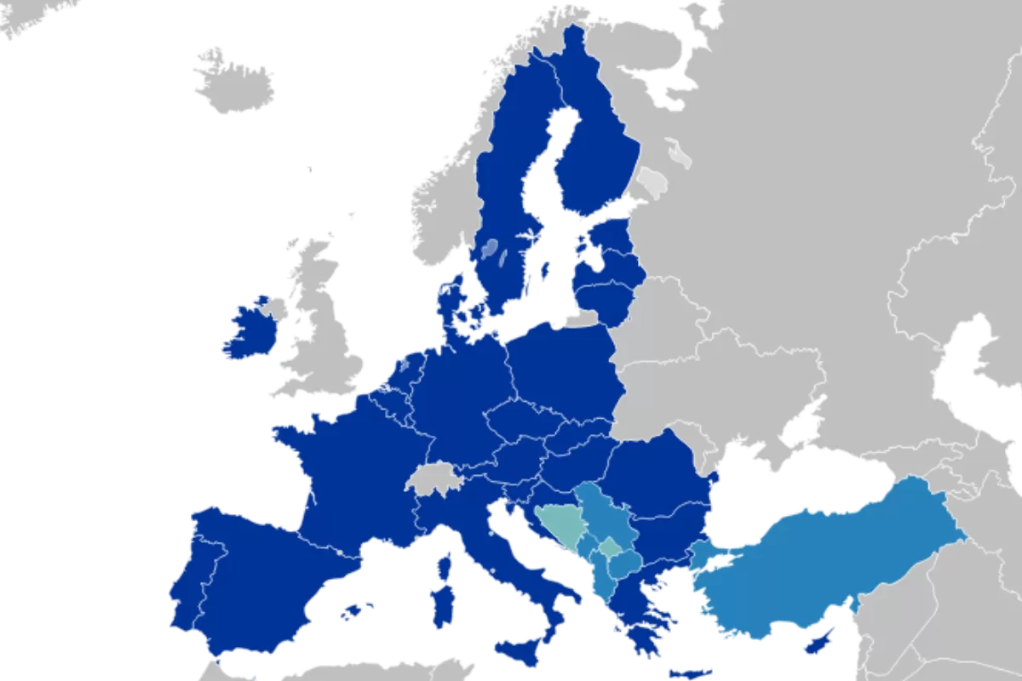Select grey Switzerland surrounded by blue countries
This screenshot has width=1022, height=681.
coord(434,480)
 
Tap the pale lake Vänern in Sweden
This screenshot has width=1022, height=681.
coord(490,249)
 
